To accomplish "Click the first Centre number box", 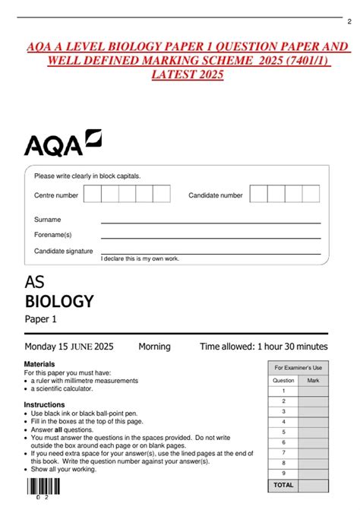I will (x=93, y=195).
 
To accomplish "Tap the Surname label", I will (x=47, y=220).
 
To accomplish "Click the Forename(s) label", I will (x=52, y=235).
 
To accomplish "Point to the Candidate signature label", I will (x=63, y=251).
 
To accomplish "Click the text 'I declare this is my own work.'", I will (x=141, y=259).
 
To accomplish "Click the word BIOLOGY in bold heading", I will (x=59, y=301).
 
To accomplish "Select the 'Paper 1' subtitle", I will (x=41, y=319).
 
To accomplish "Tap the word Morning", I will (x=154, y=347).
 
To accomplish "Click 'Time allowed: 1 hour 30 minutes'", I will (x=264, y=347).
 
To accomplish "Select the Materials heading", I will (x=39, y=364).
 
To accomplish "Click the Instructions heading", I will (x=44, y=404).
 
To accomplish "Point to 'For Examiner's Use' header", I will (x=298, y=367).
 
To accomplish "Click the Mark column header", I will (x=313, y=380).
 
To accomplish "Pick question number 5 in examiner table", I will (x=283, y=442).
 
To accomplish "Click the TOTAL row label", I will (x=283, y=484).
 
